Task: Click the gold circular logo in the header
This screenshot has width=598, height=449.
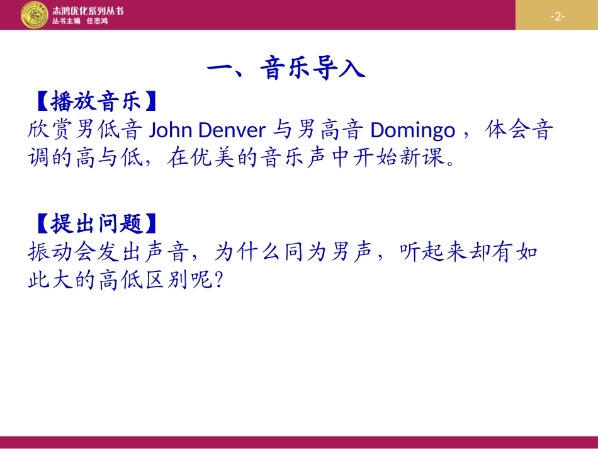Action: pyautogui.click(x=34, y=14)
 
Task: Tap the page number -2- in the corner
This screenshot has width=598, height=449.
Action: pyautogui.click(x=557, y=16)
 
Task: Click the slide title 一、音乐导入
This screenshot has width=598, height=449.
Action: pyautogui.click(x=286, y=68)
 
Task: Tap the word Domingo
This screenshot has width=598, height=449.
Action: pyautogui.click(x=412, y=130)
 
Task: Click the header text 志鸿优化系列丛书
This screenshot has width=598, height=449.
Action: pyautogui.click(x=88, y=10)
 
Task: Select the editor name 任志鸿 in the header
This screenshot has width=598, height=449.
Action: pyautogui.click(x=98, y=21)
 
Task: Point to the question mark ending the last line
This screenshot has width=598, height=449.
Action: pyautogui.click(x=219, y=281)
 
